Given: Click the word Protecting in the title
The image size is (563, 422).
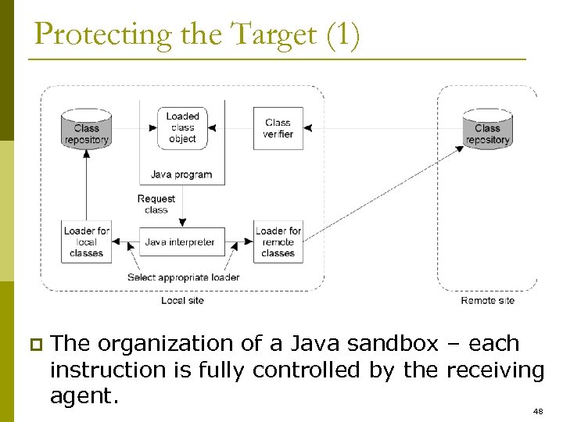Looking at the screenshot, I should click(93, 36).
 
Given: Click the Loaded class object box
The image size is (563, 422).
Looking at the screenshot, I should click(182, 127).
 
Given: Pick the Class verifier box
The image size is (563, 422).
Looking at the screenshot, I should click(278, 128).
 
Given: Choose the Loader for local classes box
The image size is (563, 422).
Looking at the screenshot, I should click(86, 242).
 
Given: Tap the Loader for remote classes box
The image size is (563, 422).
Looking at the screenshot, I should click(278, 242).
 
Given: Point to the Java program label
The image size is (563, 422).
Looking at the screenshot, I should click(181, 174).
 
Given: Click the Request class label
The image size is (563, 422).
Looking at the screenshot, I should click(156, 204).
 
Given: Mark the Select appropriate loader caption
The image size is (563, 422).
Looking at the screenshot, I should click(183, 277).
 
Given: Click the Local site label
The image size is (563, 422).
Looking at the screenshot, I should click(182, 301).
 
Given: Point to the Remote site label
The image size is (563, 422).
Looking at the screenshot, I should click(487, 301).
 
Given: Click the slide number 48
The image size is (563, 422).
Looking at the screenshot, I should click(537, 411).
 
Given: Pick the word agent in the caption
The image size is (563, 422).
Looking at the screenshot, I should click(84, 396).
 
